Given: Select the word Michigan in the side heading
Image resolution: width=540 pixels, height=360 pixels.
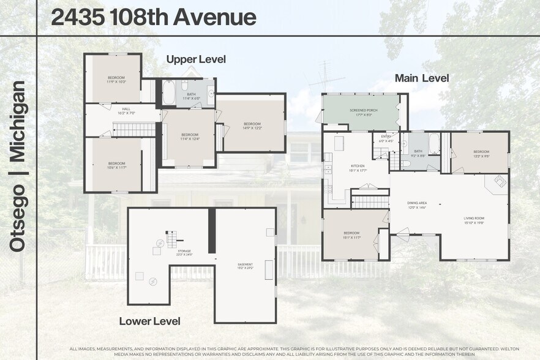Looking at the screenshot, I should click(18, 122).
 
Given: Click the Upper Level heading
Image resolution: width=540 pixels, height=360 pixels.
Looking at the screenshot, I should click(196, 59).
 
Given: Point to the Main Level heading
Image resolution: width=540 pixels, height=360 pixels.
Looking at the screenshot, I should click(422, 78).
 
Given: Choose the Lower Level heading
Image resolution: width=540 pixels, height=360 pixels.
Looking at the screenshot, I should click(149, 321).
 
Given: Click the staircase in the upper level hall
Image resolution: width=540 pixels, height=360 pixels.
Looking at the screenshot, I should click(135, 129).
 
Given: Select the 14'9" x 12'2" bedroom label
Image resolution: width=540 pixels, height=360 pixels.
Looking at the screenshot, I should click(252, 126).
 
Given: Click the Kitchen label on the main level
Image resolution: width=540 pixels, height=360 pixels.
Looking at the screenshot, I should click(358, 168).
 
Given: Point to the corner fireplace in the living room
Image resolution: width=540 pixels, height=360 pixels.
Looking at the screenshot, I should click(499, 182).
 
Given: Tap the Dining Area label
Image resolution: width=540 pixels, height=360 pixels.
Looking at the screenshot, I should click(417, 204).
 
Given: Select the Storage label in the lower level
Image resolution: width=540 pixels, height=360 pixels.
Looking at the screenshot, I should click(185, 253).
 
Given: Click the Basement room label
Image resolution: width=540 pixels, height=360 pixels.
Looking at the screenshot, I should click(245, 266).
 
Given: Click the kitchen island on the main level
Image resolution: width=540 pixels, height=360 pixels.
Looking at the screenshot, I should click(339, 143).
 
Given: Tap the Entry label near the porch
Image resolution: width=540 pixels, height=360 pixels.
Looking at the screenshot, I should click(386, 138).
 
